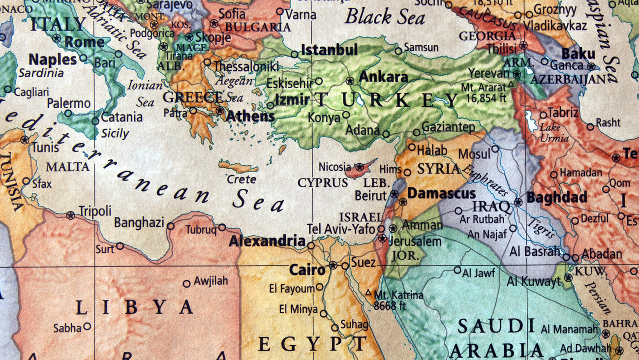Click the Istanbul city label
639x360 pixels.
(x=329, y=50)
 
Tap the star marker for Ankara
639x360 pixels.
(x=350, y=80)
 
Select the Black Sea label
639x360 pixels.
(x=385, y=17)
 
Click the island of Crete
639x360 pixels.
(x=239, y=167)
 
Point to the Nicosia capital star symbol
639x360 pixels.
(x=360, y=167)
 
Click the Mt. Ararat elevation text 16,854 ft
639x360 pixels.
(x=486, y=97)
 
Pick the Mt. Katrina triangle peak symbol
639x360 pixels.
(x=368, y=292)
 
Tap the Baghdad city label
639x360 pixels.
(x=557, y=198)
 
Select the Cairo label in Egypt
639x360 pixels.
(x=307, y=270)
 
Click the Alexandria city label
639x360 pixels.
(x=267, y=241)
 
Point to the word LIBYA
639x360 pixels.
(x=134, y=307)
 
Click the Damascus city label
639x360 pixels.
(x=441, y=194)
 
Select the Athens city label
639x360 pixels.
(x=250, y=117)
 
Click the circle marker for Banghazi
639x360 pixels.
(x=171, y=226)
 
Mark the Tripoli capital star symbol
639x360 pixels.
(x=71, y=215)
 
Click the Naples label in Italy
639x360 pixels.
(x=53, y=60)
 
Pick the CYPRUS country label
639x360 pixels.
(x=323, y=183)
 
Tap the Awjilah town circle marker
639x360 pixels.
(x=186, y=284)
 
